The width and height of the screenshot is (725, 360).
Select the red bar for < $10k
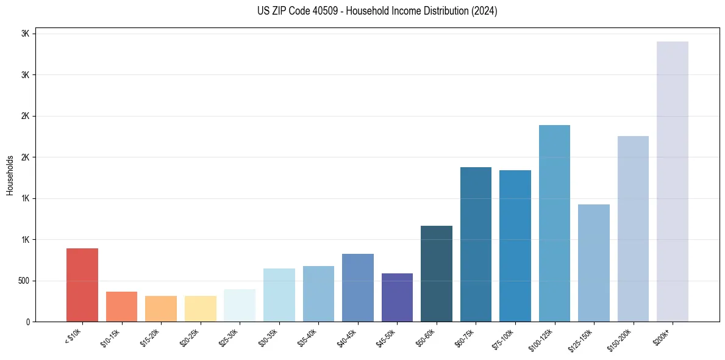(x=82, y=285)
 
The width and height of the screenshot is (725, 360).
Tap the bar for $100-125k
(x=554, y=223)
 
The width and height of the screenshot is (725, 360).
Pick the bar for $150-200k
(x=633, y=229)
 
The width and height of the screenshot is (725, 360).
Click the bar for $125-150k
(x=594, y=263)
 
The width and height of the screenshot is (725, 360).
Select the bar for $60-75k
(x=476, y=244)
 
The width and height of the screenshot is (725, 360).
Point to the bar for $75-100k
(x=515, y=246)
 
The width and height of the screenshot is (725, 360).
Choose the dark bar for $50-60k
(x=437, y=274)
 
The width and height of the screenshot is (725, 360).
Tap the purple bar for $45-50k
(x=397, y=298)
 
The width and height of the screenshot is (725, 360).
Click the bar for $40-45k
(x=358, y=288)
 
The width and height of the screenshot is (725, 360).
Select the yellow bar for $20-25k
(x=201, y=309)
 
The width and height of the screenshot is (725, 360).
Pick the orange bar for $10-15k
(x=122, y=307)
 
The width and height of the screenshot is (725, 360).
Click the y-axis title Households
(x=10, y=175)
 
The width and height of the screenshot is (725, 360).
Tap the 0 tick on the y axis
(x=27, y=322)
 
